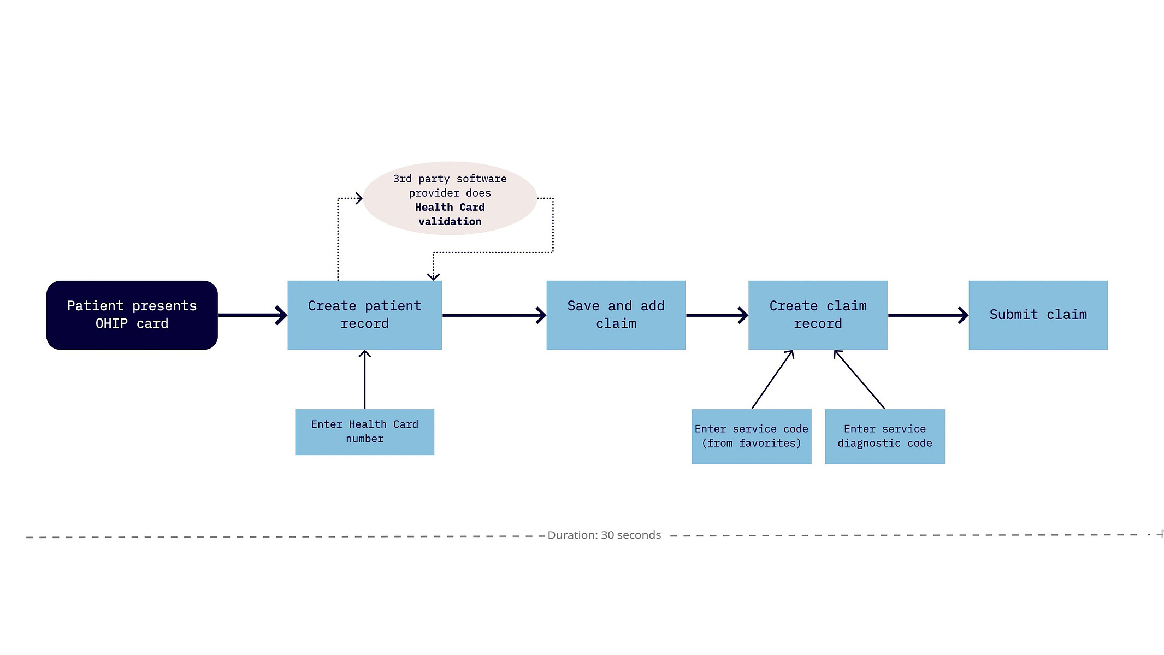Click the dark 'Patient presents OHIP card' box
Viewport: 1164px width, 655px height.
coord(132,315)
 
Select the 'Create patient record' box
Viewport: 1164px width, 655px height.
coord(364,315)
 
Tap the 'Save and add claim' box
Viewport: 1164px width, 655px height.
coord(616,315)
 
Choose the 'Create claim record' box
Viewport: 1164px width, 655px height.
coord(818,315)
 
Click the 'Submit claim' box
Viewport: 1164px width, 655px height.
coord(1038,315)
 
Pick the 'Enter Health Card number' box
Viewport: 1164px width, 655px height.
coord(364,432)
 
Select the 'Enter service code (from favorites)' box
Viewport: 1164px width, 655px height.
coord(751,436)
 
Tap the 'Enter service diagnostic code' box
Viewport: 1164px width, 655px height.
coord(884,436)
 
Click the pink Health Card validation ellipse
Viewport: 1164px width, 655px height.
coord(450,198)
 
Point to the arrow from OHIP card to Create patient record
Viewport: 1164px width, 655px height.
coord(252,315)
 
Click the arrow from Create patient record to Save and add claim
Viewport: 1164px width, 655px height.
coord(494,315)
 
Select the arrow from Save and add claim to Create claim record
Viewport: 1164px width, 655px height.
coord(717,315)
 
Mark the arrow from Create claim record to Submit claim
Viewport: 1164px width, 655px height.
coord(929,315)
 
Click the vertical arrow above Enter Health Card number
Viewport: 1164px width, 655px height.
coord(364,380)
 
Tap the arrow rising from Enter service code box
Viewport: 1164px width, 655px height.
coord(772,380)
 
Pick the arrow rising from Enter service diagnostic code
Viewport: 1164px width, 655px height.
coord(859,380)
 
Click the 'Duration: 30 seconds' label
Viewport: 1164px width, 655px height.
coord(604,535)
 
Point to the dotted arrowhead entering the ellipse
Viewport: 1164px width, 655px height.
coord(359,198)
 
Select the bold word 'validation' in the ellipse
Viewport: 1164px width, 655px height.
coord(450,221)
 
